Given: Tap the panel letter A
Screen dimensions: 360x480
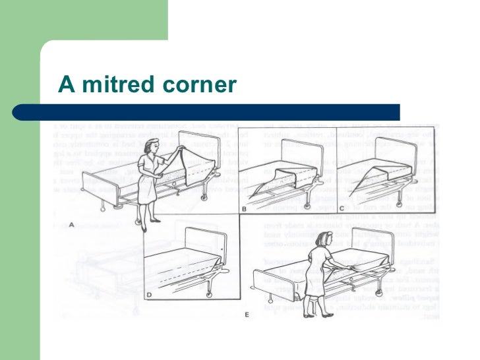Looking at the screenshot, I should [x=71, y=224].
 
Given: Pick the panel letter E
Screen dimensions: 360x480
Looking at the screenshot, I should [x=247, y=315].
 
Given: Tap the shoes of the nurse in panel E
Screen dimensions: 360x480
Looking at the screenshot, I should [x=309, y=315].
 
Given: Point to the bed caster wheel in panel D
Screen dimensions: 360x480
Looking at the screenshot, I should [x=208, y=294].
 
